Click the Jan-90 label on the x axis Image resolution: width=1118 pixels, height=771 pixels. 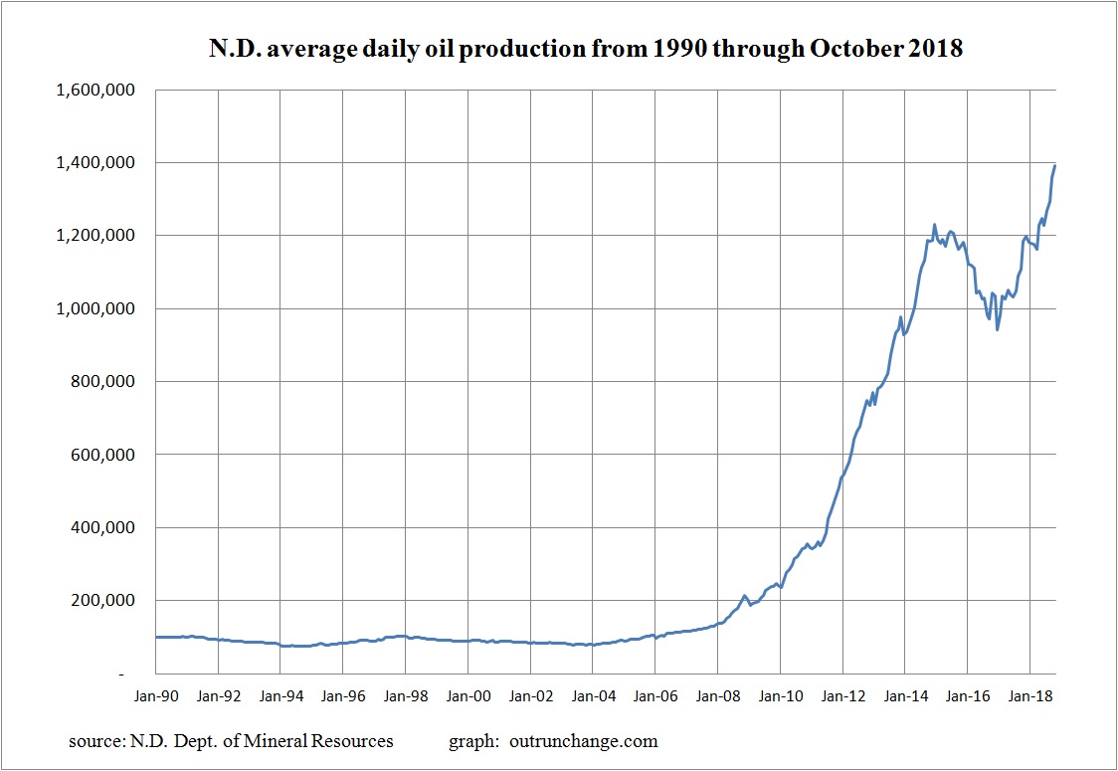(x=156, y=695)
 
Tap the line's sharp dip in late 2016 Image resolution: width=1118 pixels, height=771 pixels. (x=997, y=329)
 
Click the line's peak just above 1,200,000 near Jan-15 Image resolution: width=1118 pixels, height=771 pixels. (x=935, y=225)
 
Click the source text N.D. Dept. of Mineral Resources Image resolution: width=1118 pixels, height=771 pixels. (x=231, y=741)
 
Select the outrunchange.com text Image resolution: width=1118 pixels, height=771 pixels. (x=583, y=741)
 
